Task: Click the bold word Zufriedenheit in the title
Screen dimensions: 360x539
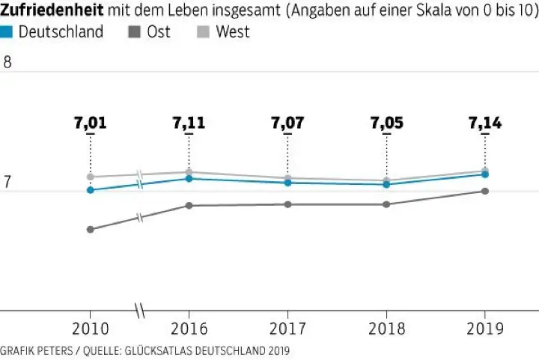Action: pyautogui.click(x=52, y=10)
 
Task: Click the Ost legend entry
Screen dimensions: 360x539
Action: pyautogui.click(x=157, y=32)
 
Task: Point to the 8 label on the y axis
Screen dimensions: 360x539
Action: pyautogui.click(x=7, y=63)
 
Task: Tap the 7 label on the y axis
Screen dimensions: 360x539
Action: pyautogui.click(x=7, y=182)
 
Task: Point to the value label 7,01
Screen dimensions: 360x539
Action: pyautogui.click(x=91, y=123)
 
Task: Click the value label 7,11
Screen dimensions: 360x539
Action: pyautogui.click(x=189, y=123)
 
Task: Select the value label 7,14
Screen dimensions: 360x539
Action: pyautogui.click(x=485, y=123)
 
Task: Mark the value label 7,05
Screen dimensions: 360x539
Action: pyautogui.click(x=386, y=123)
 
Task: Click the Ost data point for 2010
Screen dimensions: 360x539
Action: pyautogui.click(x=91, y=229)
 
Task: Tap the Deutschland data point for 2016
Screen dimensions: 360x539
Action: pyautogui.click(x=189, y=179)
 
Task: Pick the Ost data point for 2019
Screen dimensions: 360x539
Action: pyautogui.click(x=485, y=191)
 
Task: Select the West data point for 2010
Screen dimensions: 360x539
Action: pyautogui.click(x=91, y=177)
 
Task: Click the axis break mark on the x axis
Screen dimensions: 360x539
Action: pyautogui.click(x=139, y=309)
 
